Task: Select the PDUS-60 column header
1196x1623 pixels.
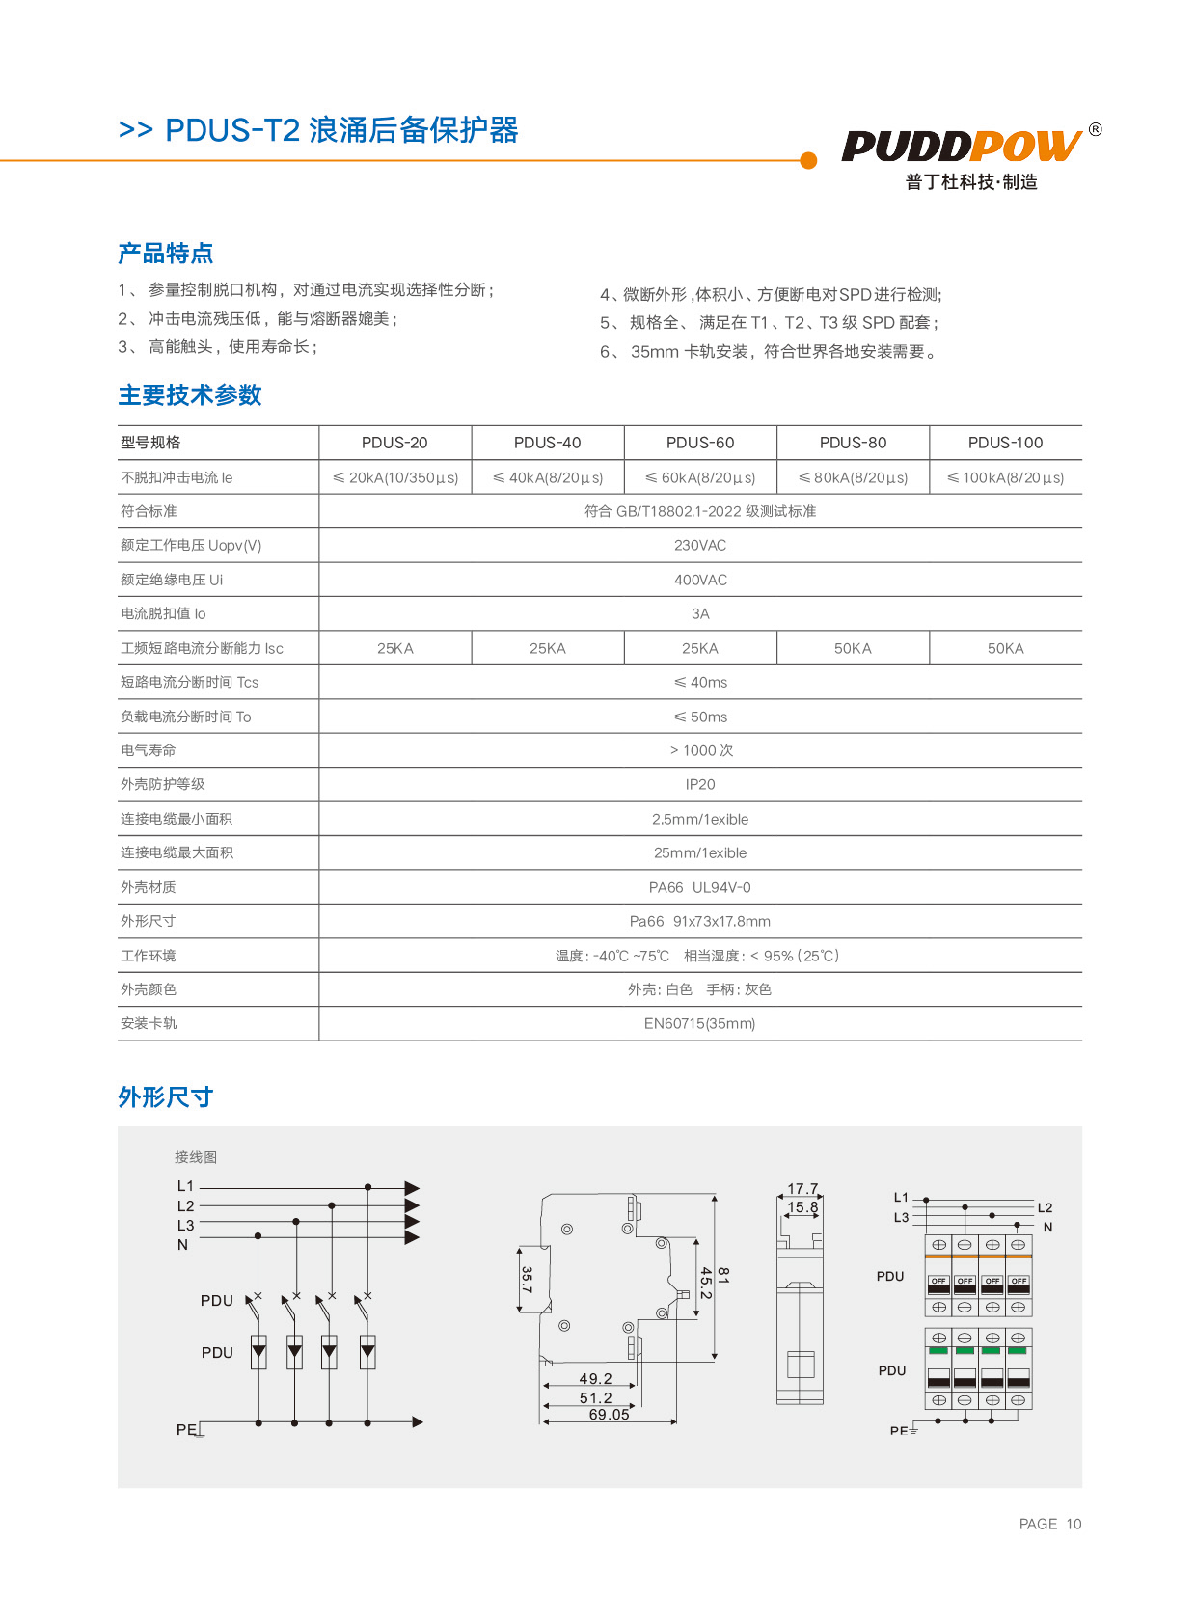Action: click(700, 443)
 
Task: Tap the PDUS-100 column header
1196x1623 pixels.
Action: click(1005, 443)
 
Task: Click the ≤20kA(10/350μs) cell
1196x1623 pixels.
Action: click(395, 477)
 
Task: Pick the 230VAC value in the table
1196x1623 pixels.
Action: click(700, 546)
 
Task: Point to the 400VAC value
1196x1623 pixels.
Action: click(700, 580)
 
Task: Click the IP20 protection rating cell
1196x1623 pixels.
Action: click(700, 785)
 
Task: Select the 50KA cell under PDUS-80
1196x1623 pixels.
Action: click(853, 649)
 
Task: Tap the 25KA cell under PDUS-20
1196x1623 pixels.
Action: click(395, 649)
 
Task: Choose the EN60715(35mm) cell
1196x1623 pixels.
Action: click(700, 1024)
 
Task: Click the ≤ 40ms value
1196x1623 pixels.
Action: click(700, 683)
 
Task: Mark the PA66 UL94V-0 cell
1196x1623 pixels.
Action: click(700, 887)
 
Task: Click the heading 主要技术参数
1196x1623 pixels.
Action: click(190, 395)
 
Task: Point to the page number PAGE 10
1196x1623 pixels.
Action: click(1050, 1524)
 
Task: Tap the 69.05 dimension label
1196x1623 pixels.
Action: click(609, 1415)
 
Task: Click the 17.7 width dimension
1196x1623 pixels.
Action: click(802, 1189)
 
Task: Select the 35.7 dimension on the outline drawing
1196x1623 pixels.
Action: click(527, 1280)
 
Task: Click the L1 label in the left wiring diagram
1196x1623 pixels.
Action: click(185, 1186)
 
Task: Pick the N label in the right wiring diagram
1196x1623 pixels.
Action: click(1048, 1228)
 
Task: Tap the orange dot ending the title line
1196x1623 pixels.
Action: click(808, 160)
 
